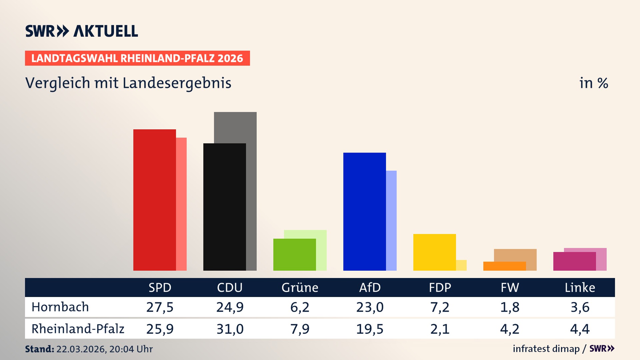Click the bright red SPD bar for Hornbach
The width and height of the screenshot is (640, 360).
[154, 200]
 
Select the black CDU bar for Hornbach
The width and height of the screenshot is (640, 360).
[224, 207]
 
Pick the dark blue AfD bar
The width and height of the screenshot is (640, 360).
[364, 212]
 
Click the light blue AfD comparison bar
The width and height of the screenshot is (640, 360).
[391, 220]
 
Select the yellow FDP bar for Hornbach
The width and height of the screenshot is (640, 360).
[434, 252]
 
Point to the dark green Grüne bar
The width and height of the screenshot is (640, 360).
[294, 255]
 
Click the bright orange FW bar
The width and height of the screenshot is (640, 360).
[504, 266]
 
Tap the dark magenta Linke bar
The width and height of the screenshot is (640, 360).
[574, 261]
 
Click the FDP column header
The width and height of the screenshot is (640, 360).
[440, 287]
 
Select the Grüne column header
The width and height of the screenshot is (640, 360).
[300, 287]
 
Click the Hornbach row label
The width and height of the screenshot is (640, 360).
[60, 307]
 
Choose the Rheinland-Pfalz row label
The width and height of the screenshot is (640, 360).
[78, 329]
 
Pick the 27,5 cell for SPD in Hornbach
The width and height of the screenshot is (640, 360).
[160, 307]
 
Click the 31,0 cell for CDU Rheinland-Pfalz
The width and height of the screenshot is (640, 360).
[230, 329]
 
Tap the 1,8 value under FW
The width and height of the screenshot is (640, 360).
[510, 307]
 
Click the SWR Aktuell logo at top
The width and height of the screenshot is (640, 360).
[81, 31]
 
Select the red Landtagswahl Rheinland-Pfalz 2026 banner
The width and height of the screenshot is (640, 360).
[137, 58]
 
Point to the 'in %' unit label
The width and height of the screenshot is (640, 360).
[593, 83]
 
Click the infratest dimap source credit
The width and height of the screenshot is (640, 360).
[546, 349]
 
